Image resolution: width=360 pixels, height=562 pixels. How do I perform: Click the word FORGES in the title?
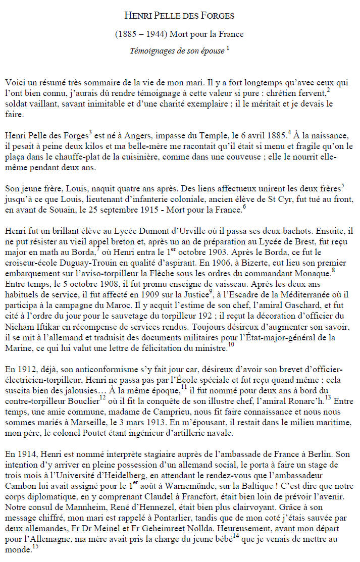218,16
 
